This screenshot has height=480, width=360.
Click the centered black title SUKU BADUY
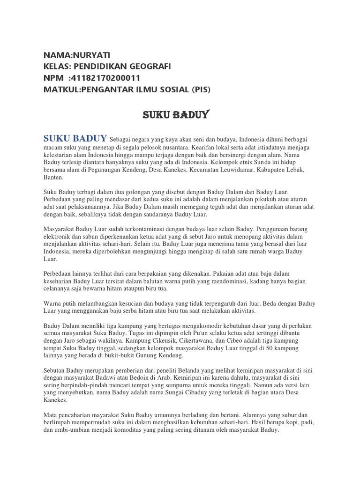click(x=175, y=115)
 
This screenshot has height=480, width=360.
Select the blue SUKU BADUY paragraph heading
click(x=75, y=138)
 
